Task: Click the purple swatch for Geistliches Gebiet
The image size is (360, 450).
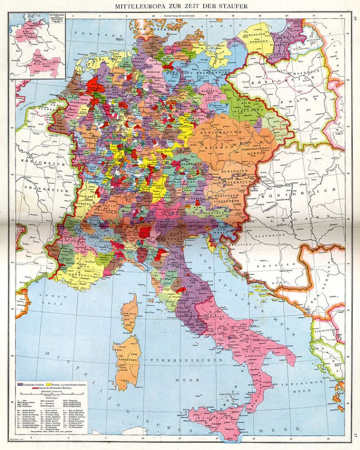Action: (21, 384)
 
